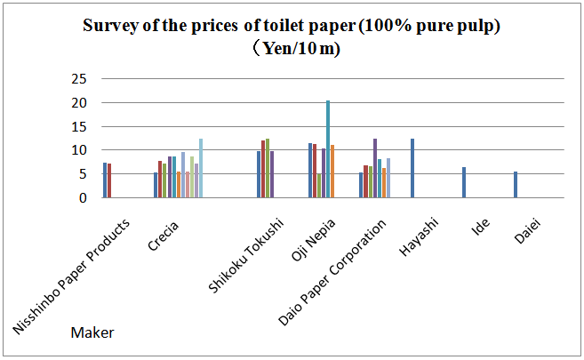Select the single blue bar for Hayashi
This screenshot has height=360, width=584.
[412, 169]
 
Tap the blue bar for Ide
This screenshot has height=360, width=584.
[464, 183]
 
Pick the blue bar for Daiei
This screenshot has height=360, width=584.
[516, 185]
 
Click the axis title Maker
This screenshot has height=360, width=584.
[92, 333]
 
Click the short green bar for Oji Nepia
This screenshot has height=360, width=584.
[319, 186]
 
